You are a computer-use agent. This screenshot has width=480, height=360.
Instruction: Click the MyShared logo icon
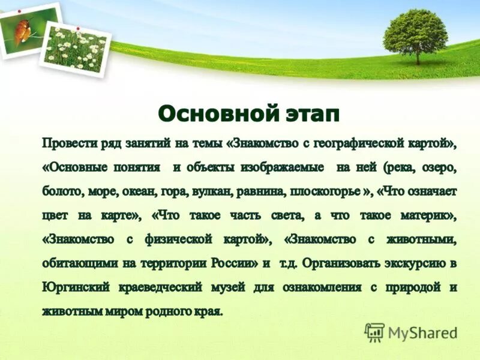[374, 332]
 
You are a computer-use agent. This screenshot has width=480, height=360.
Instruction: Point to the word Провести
[68, 144]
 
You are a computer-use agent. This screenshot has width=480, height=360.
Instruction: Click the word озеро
[439, 168]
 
